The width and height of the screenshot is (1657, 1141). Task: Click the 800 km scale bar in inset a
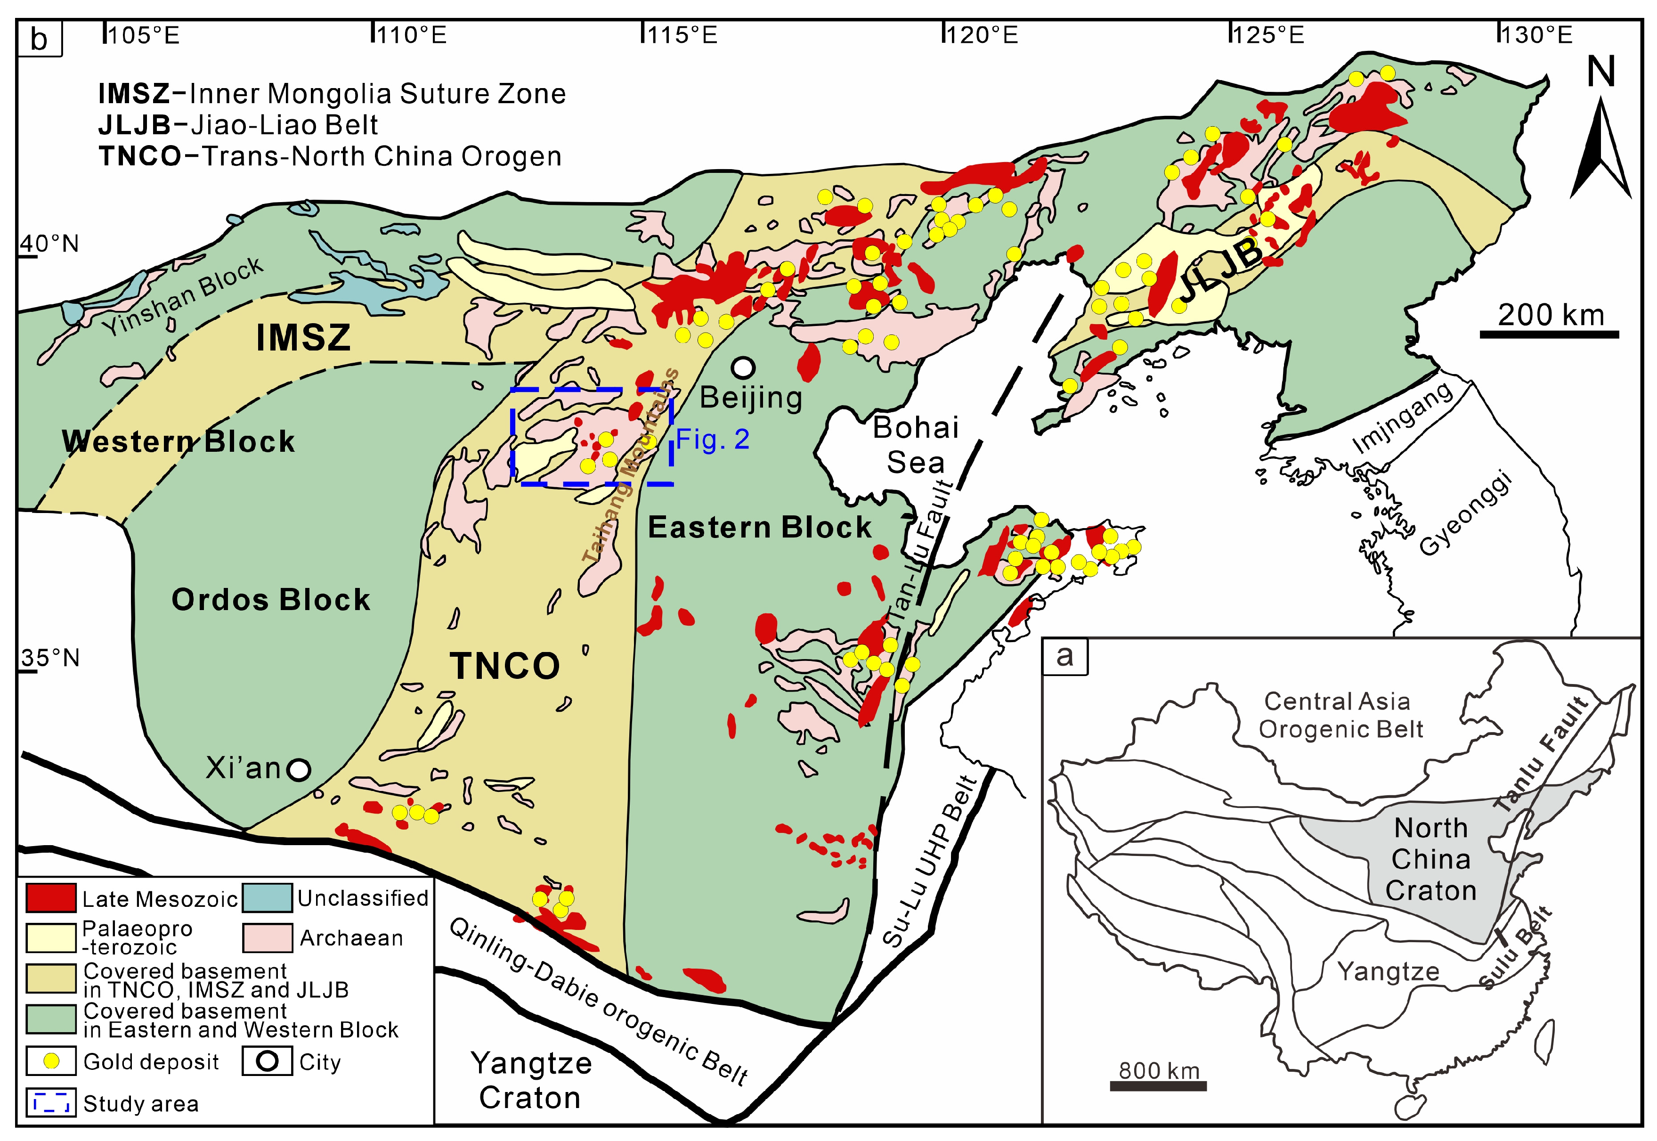click(1158, 1086)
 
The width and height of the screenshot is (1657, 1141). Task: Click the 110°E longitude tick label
click(410, 34)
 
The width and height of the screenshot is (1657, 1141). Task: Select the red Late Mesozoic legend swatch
click(51, 898)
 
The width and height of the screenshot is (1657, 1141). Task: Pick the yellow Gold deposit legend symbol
click(51, 1062)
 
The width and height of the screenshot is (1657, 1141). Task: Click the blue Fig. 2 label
click(713, 439)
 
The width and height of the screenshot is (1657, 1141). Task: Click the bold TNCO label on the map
click(504, 666)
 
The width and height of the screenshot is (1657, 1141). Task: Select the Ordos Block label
click(271, 599)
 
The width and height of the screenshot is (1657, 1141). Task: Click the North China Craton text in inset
click(1431, 859)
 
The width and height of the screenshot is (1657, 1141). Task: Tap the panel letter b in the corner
click(39, 39)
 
